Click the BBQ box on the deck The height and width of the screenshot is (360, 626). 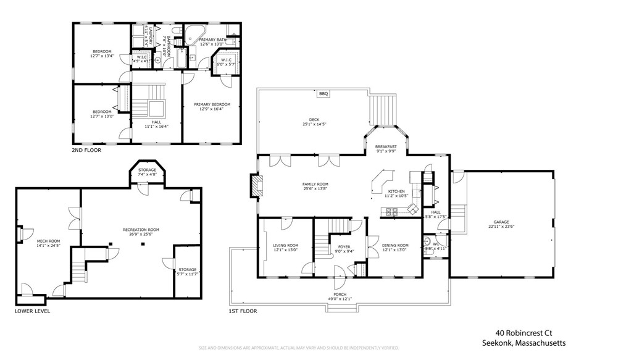323,94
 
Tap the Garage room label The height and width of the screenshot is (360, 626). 501,223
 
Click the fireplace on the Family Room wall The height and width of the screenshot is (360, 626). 254,185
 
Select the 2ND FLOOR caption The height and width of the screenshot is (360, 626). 86,150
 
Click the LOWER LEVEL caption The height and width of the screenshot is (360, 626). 32,311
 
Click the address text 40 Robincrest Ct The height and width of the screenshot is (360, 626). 530,332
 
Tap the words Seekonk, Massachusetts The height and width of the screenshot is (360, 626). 524,343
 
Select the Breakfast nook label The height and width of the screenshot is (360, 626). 386,146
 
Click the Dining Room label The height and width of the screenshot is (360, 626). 395,245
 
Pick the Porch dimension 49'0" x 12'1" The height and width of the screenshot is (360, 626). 340,299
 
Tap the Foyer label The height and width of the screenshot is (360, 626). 344,246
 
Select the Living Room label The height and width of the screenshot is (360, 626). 285,245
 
